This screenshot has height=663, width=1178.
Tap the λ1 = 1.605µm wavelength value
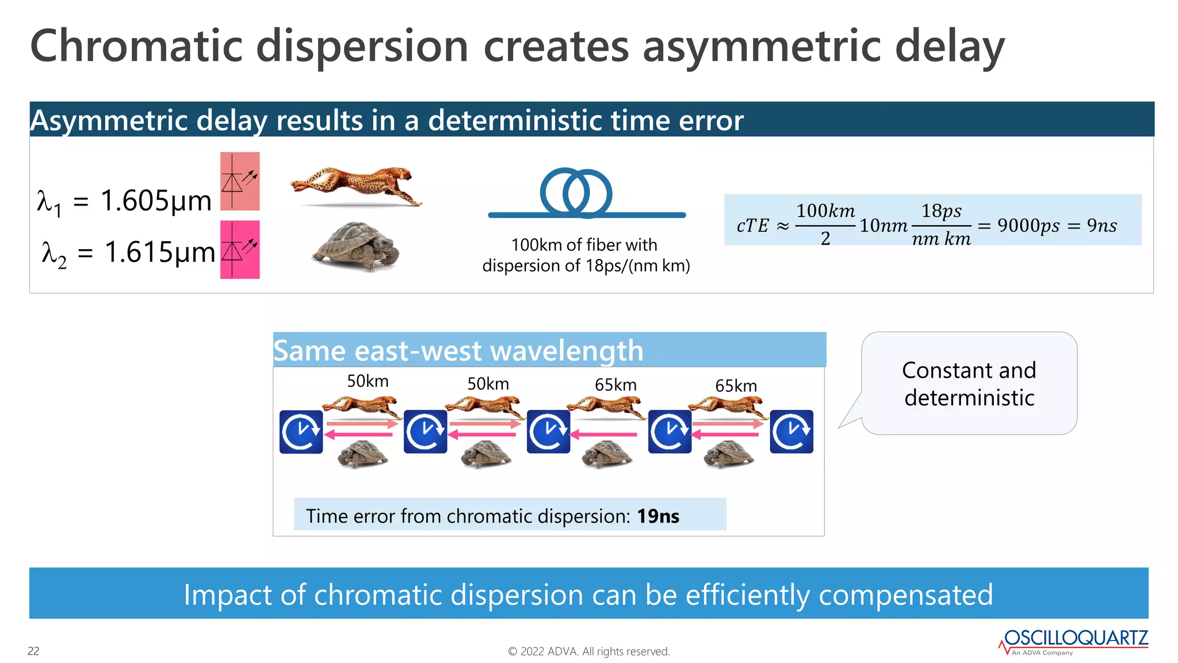click(124, 201)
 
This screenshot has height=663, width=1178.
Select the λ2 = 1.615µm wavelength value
click(128, 252)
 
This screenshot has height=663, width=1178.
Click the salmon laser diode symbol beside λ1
click(240, 181)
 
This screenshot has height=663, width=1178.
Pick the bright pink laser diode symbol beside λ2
click(240, 249)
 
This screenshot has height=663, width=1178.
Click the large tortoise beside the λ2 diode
click(357, 246)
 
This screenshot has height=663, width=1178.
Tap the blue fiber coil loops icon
click(576, 193)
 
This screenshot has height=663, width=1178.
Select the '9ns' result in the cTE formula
click(1101, 226)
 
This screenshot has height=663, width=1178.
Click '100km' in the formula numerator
click(825, 211)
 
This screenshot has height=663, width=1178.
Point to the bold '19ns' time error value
click(658, 516)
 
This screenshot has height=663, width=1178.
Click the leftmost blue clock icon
click(301, 432)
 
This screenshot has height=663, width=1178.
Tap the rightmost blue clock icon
click(791, 432)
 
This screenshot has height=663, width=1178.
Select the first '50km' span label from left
click(368, 381)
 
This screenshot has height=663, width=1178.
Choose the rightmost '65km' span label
click(736, 386)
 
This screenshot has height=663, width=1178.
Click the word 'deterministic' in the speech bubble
click(969, 398)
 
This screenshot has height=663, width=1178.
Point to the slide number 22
click(33, 651)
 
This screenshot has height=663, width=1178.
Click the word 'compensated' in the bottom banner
click(905, 595)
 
